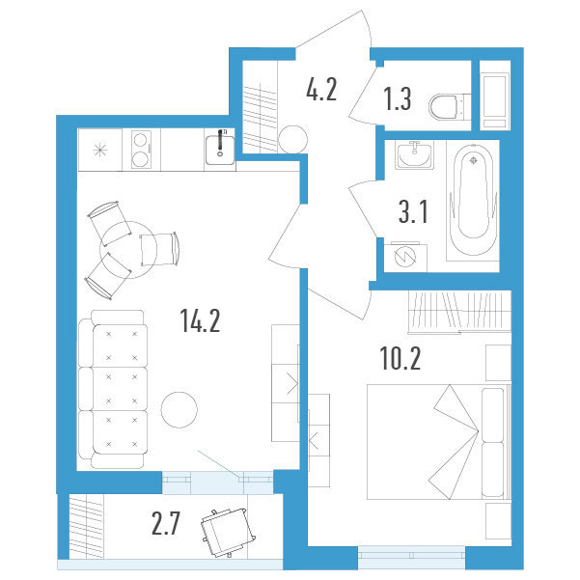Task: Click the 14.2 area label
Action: [x=200, y=320]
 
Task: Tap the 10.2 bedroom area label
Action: [x=400, y=359]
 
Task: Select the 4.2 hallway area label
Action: [x=321, y=90]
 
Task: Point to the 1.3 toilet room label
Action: [x=397, y=98]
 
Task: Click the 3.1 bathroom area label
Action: [x=413, y=211]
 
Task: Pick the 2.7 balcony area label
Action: [x=166, y=523]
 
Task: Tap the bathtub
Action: [x=473, y=200]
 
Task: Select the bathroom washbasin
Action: [x=414, y=154]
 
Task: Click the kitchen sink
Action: [x=220, y=150]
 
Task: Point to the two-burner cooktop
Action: [x=141, y=150]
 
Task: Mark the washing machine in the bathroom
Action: [x=405, y=258]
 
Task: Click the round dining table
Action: [x=128, y=250]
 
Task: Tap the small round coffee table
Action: [x=180, y=410]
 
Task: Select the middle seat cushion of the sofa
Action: [x=120, y=388]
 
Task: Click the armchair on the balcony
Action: [x=228, y=533]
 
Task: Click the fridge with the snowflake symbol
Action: [x=99, y=150]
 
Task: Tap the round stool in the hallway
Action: [x=293, y=140]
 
